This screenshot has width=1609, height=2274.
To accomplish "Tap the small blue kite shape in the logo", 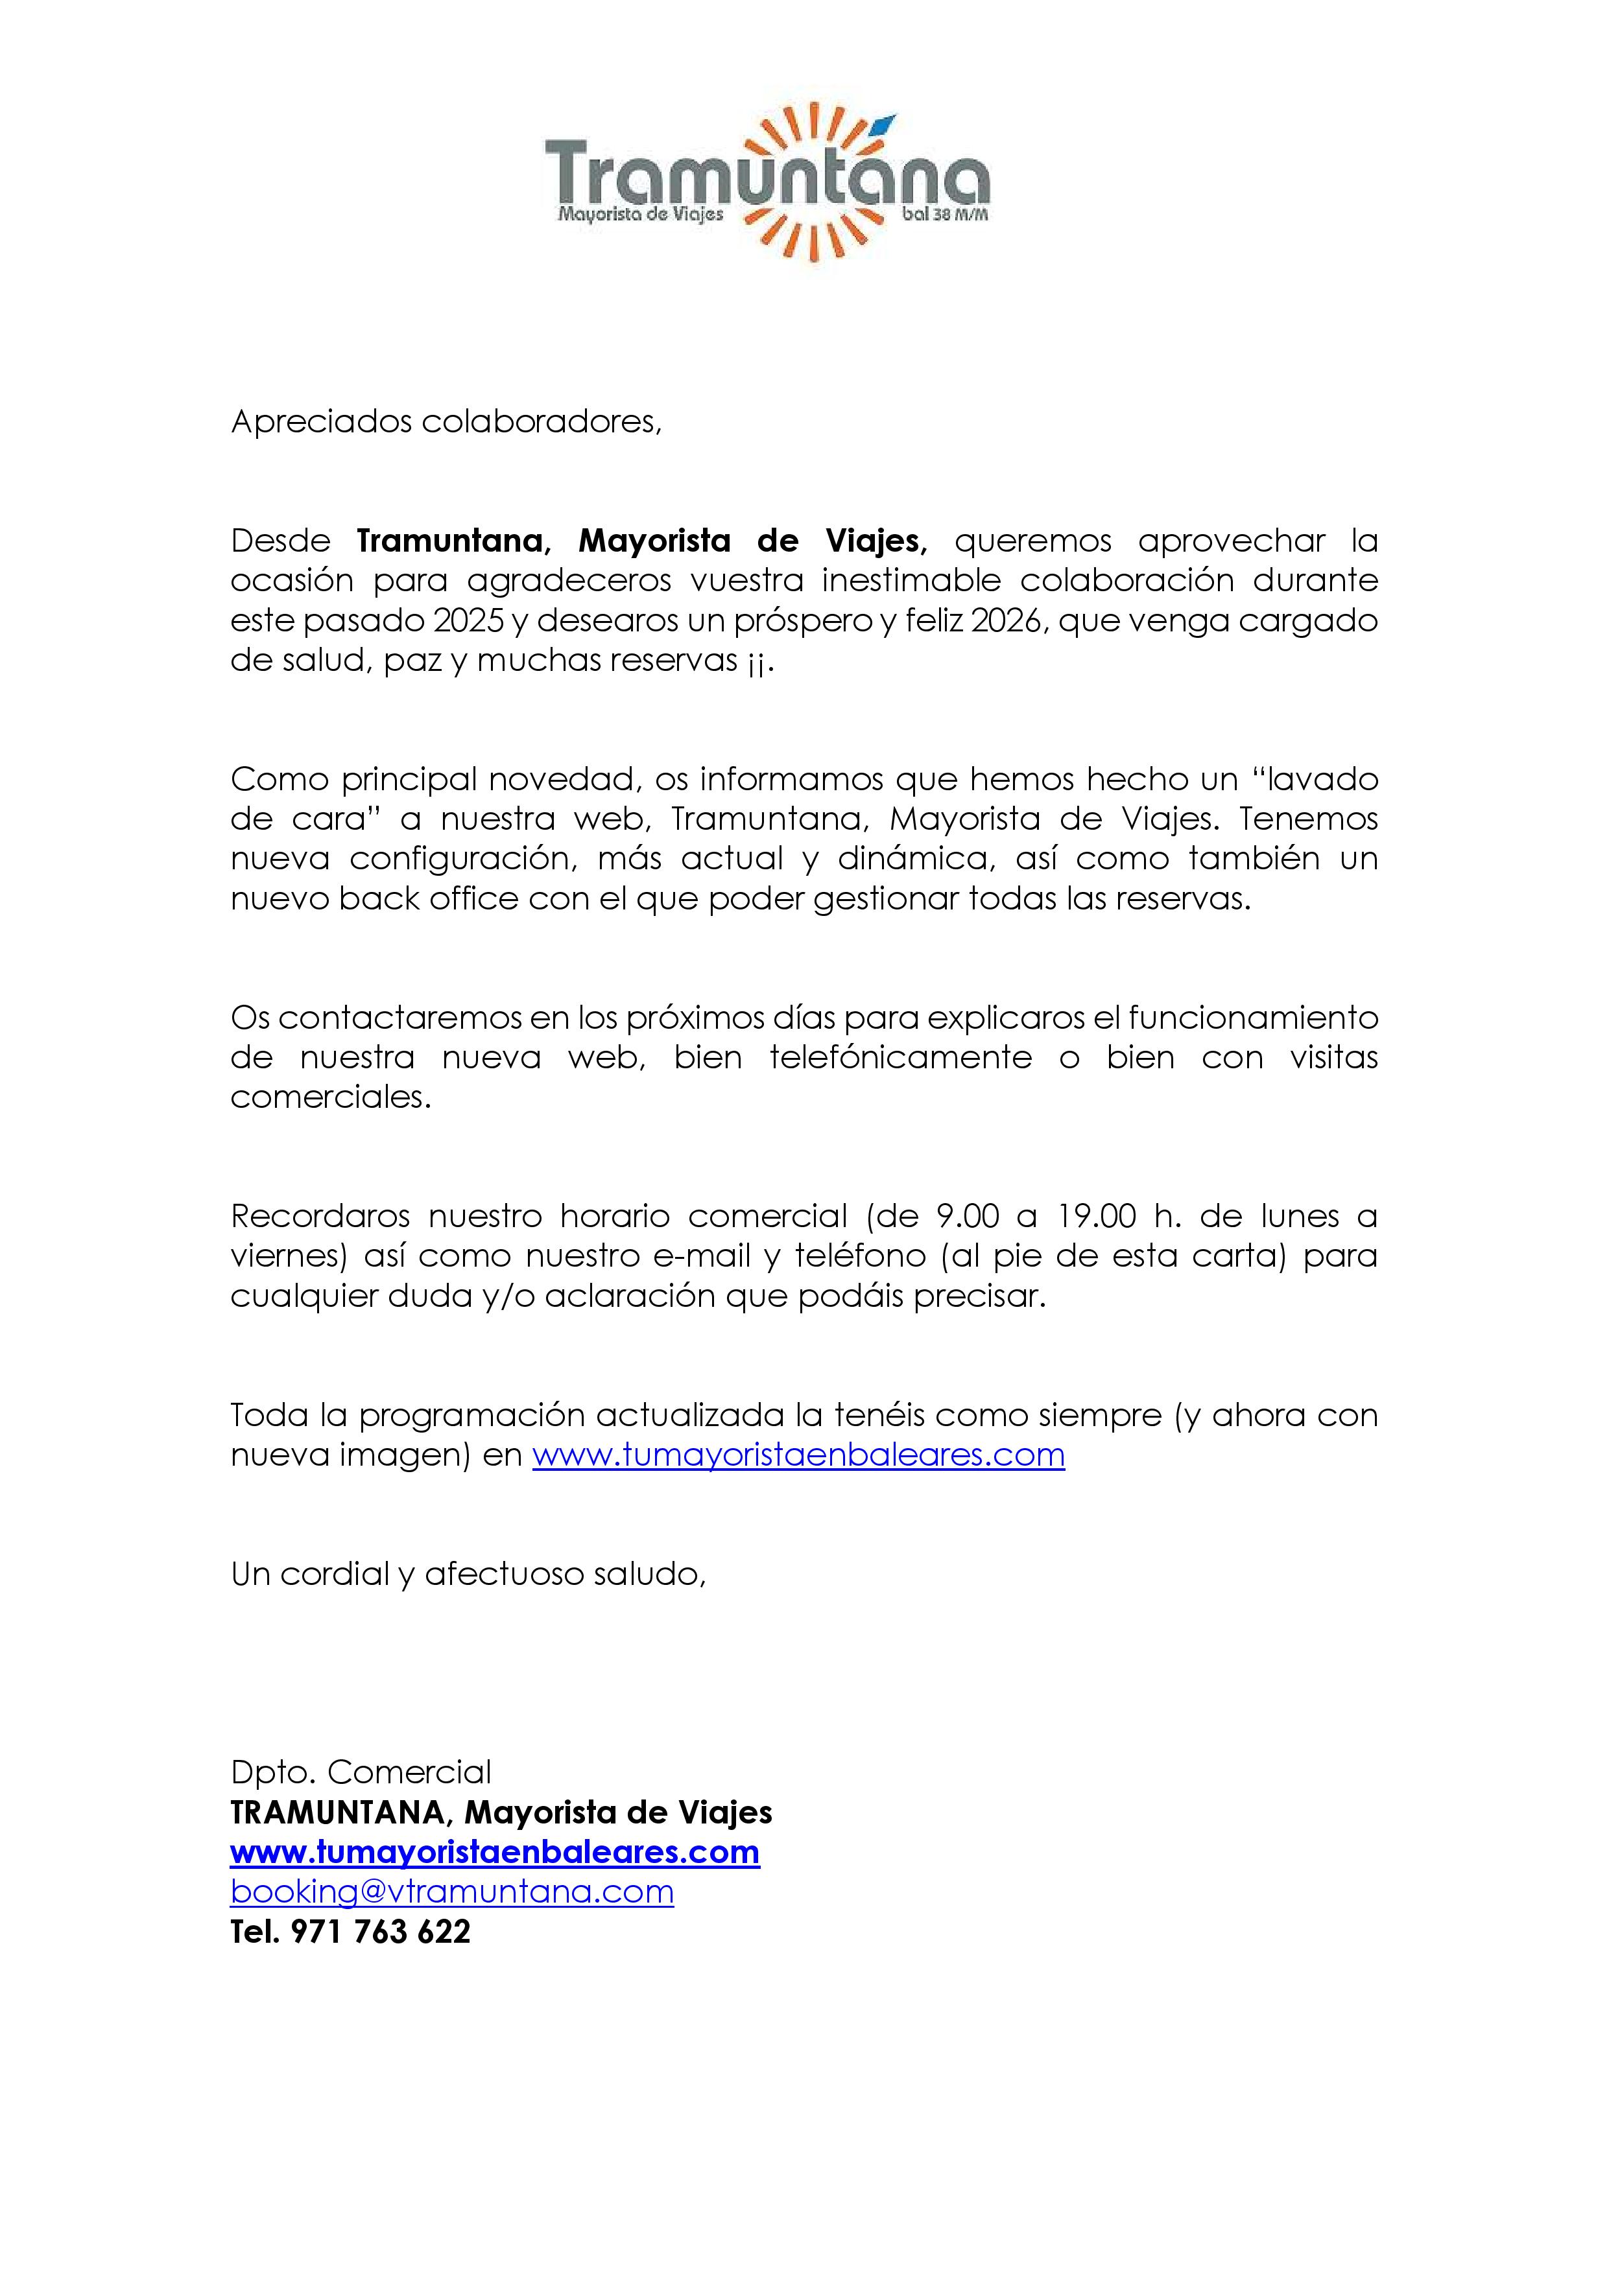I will [x=885, y=124].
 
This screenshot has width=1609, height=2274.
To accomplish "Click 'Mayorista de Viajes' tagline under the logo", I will [x=640, y=214].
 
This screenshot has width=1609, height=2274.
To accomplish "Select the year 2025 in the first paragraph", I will [x=469, y=621].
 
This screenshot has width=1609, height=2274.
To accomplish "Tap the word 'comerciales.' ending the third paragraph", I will [x=331, y=1097].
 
